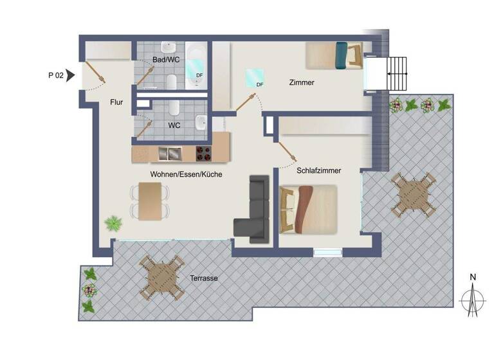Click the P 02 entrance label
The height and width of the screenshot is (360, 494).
tap(55, 75)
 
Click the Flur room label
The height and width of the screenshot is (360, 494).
tap(116, 102)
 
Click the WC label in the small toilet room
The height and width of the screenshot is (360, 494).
tap(174, 125)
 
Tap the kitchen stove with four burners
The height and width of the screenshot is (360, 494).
tap(205, 153)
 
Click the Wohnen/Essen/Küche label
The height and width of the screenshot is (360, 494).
tap(186, 174)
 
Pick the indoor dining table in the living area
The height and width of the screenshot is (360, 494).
tap(151, 200)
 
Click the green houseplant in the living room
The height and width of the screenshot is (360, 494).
tap(113, 224)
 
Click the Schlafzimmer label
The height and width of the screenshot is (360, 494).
tap(318, 171)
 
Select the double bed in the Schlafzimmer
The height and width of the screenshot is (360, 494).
tap(309, 208)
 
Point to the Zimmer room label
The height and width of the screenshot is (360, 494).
tap(302, 82)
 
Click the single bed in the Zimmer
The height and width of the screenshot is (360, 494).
tap(334, 55)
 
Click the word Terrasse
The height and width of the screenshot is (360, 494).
tap(203, 278)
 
